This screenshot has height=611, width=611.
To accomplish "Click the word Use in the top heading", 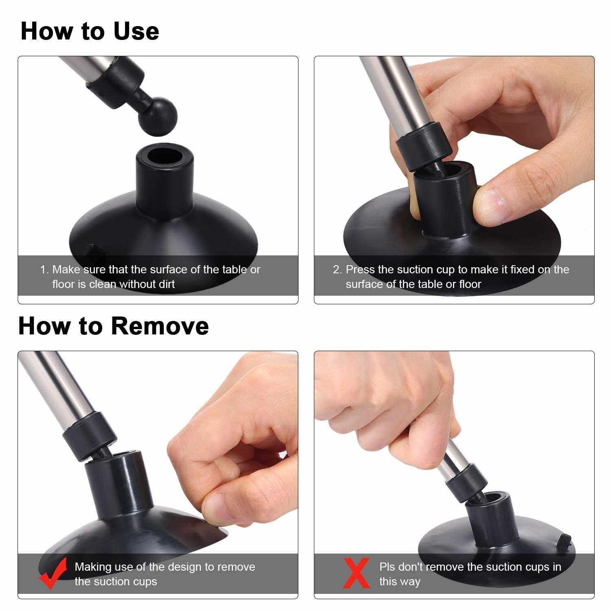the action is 136,31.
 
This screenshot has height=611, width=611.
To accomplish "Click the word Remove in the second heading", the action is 160,326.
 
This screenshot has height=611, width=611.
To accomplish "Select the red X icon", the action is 356,573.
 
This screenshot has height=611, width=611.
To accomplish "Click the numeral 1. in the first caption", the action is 44,270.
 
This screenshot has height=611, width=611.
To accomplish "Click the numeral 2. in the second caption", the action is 338,270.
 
